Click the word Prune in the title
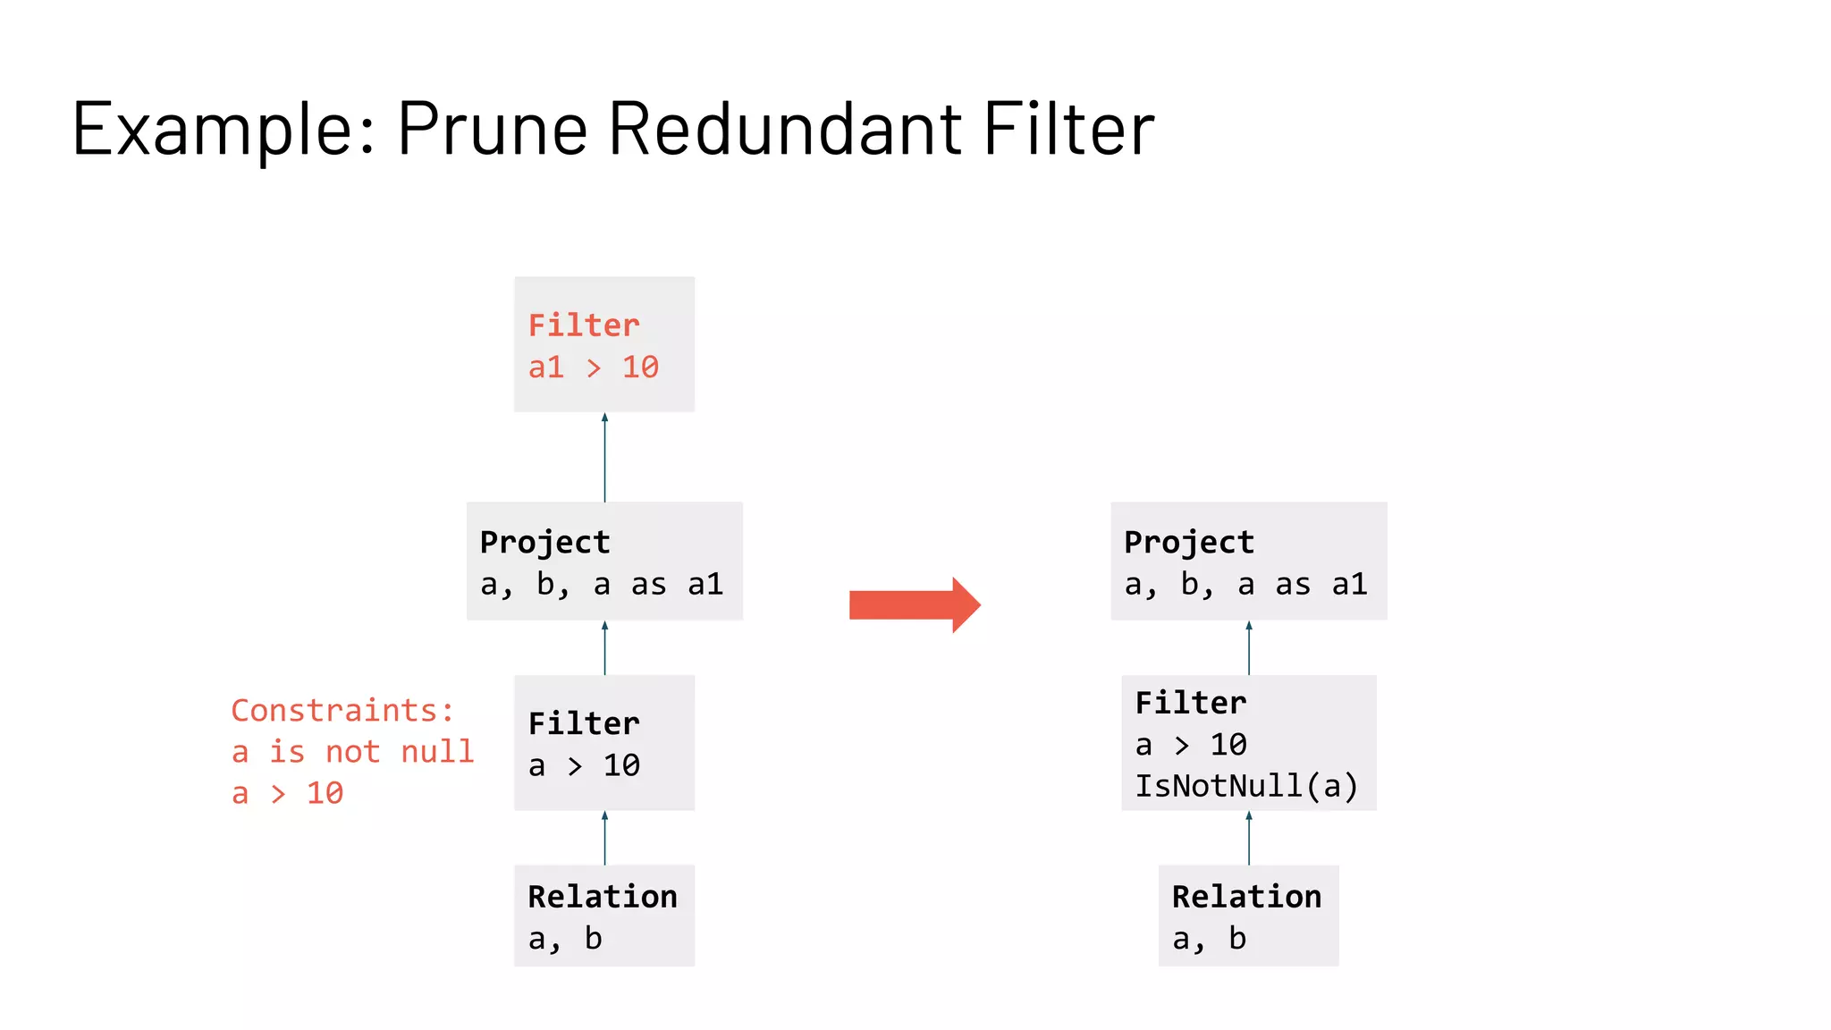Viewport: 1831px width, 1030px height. (493, 129)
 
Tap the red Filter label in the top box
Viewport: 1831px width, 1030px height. (584, 325)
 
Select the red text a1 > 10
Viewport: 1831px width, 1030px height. (594, 367)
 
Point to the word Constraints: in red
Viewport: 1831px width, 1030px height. (342, 711)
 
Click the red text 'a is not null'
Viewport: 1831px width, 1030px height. (352, 752)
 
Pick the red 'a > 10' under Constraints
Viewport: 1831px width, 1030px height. (287, 794)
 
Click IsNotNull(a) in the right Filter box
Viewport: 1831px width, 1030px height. (1246, 786)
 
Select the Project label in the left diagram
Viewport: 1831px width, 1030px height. (545, 543)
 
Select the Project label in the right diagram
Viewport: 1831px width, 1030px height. (1189, 543)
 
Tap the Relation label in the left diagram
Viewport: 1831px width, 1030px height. (603, 897)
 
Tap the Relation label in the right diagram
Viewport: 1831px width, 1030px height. (1246, 897)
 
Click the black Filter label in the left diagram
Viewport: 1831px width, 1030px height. (584, 723)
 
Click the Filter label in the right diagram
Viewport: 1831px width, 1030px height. (1191, 703)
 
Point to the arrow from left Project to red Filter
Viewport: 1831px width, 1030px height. (605, 457)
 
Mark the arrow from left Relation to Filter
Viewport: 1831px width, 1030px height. (605, 838)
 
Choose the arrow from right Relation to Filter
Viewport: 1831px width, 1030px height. (1249, 838)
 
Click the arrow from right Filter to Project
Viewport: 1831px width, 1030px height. (1249, 648)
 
